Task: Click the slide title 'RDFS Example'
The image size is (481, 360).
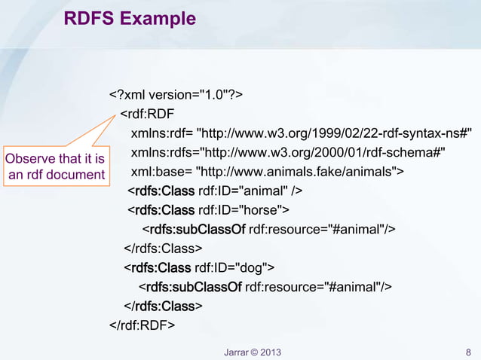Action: (x=130, y=17)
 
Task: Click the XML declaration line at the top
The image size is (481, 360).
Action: (x=176, y=95)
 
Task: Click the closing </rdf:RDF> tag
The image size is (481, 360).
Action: (x=142, y=325)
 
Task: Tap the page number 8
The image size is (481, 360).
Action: (x=468, y=351)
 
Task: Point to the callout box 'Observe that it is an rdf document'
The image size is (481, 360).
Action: (x=55, y=166)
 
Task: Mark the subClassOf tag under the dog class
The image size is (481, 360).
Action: (x=193, y=286)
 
